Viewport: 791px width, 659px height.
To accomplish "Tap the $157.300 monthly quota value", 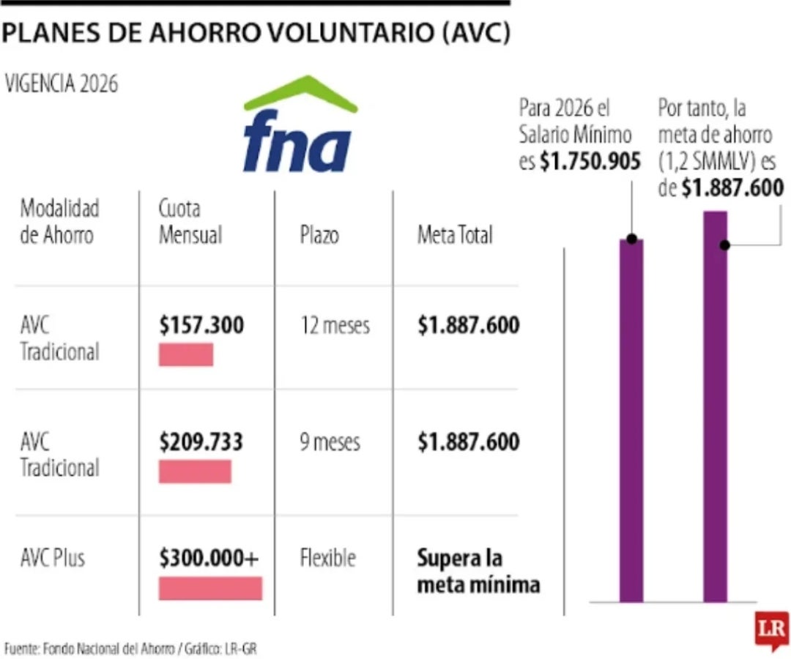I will [x=201, y=325].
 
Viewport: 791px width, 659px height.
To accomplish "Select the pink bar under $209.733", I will [x=195, y=472].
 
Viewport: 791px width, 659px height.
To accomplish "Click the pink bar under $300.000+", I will [x=210, y=588].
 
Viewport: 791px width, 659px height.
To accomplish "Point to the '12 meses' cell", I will [x=335, y=325].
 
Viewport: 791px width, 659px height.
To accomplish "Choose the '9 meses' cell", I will [x=330, y=442].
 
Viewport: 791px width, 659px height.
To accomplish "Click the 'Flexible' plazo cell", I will [x=327, y=558].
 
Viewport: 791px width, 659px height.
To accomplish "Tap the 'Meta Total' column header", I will [x=455, y=235].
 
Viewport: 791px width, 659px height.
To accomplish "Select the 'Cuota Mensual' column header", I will [x=190, y=222].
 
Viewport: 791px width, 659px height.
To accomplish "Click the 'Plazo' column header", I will [x=319, y=236].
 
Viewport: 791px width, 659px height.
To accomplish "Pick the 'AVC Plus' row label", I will [x=53, y=558].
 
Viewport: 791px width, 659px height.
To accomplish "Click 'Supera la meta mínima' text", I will [x=478, y=571].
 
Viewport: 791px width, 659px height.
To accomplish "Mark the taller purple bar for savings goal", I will [x=716, y=406].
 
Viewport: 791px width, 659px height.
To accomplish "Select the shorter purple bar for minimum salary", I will [x=631, y=421].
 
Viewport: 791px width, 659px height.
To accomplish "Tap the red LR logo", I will [x=771, y=628].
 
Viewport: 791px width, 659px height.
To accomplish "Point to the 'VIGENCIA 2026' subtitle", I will [x=62, y=84].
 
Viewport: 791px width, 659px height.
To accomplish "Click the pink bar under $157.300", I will [x=186, y=354].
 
